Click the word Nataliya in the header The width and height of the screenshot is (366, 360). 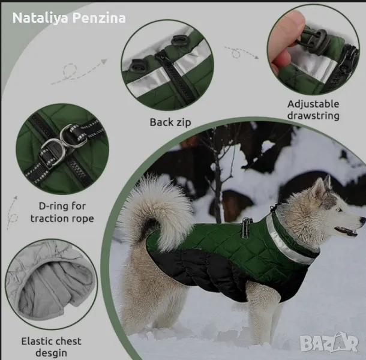click(40, 18)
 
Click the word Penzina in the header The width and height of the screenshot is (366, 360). click(99, 18)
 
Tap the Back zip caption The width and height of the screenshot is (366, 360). click(170, 122)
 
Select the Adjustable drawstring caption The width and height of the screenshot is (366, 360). click(313, 110)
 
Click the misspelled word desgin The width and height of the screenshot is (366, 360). click(51, 353)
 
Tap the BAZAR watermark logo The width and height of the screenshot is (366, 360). click(329, 343)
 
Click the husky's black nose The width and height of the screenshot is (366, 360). click(363, 220)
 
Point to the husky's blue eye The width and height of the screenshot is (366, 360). click(338, 210)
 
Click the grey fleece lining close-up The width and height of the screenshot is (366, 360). click(51, 284)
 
